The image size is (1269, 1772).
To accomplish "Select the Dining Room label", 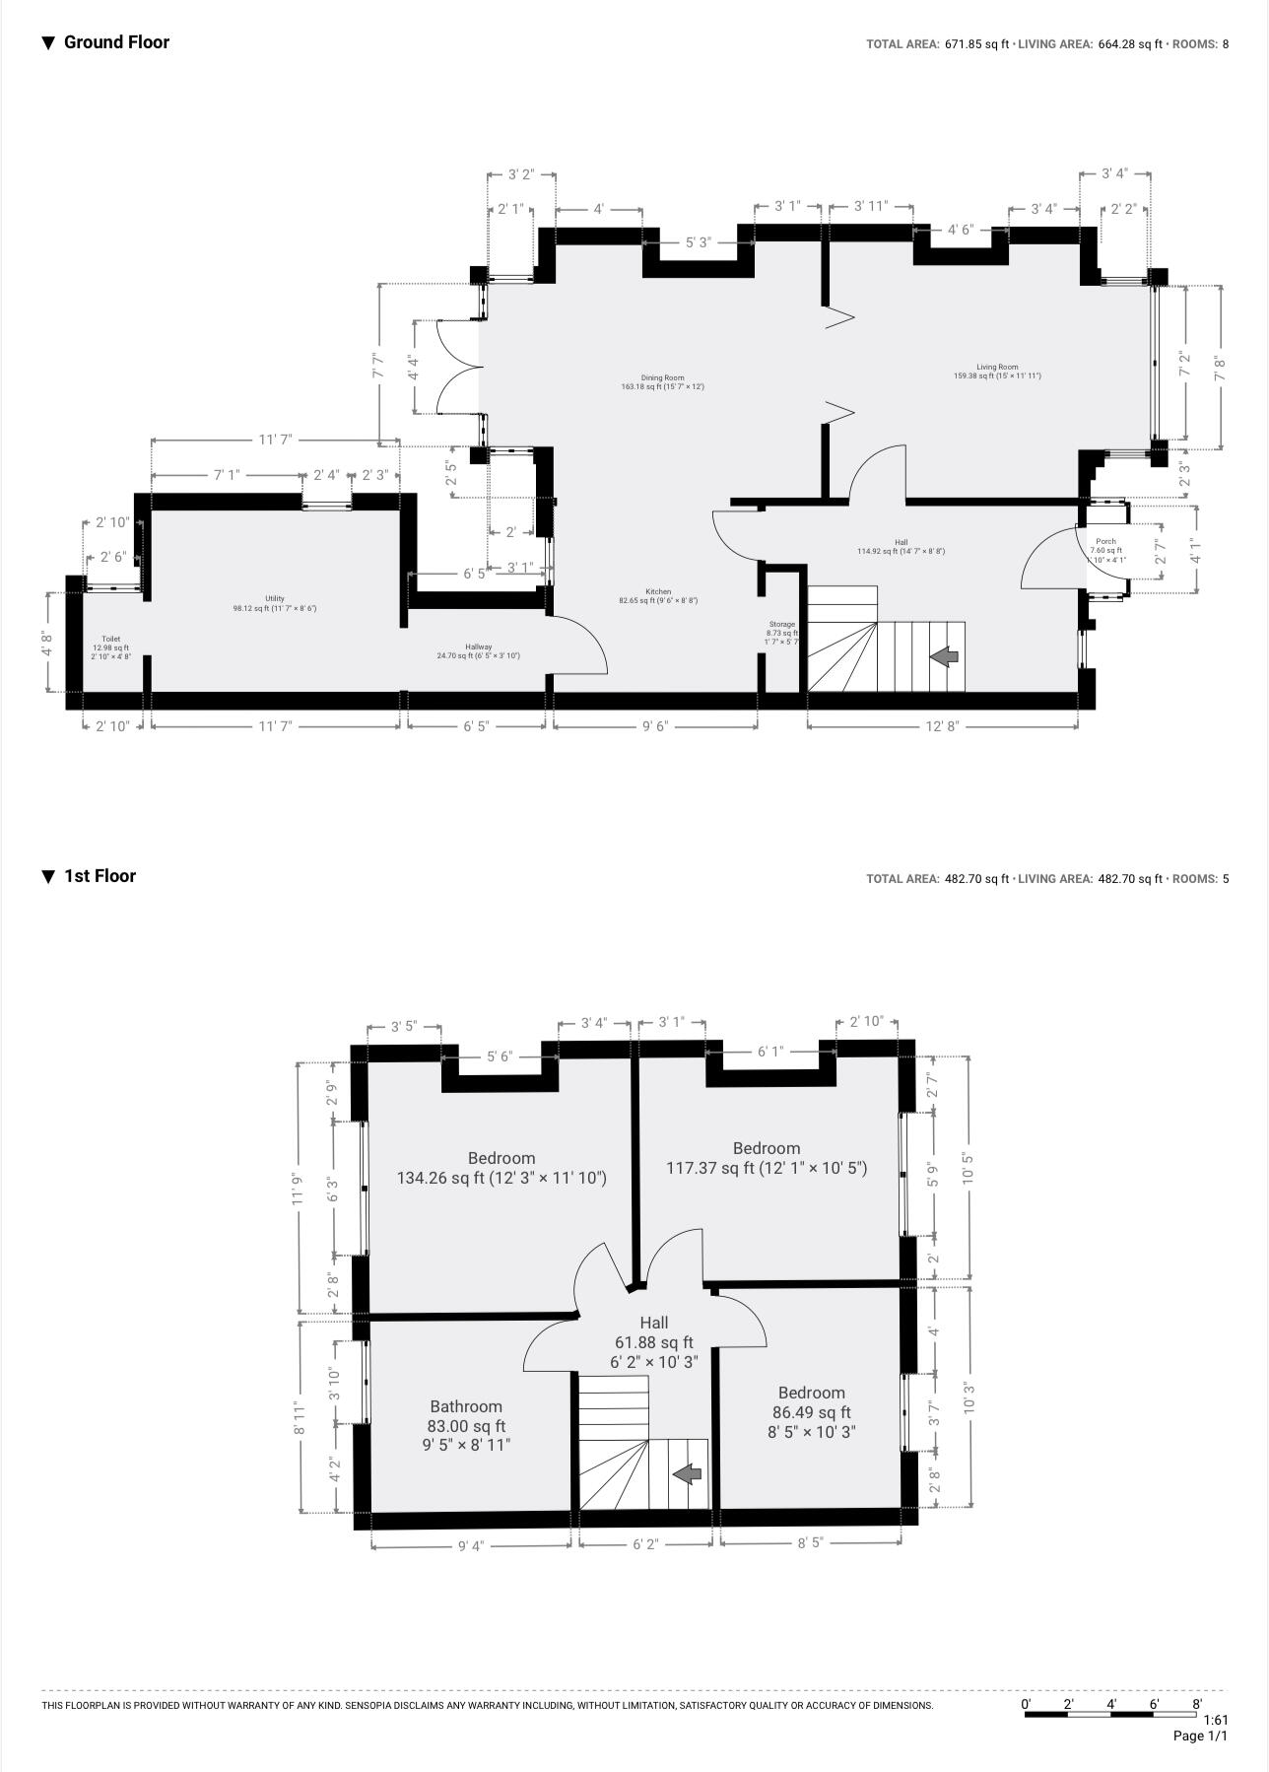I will pyautogui.click(x=662, y=382).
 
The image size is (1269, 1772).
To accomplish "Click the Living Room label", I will pyautogui.click(x=997, y=372).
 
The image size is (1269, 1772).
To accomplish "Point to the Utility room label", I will pyautogui.click(x=274, y=603).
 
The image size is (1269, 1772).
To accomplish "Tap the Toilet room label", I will pyautogui.click(x=110, y=647).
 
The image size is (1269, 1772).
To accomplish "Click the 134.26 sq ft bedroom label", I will pyautogui.click(x=501, y=1168).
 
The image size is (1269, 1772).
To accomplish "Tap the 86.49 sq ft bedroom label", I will pyautogui.click(x=812, y=1411).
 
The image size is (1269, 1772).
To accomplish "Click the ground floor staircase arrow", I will pyautogui.click(x=945, y=655).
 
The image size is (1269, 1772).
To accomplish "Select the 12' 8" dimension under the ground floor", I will pyautogui.click(x=942, y=726).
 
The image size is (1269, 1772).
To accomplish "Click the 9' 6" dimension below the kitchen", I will pyautogui.click(x=655, y=726).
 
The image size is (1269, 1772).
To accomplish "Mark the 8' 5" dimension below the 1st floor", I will pyautogui.click(x=810, y=1543).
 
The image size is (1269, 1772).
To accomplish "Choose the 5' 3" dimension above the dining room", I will pyautogui.click(x=699, y=242).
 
